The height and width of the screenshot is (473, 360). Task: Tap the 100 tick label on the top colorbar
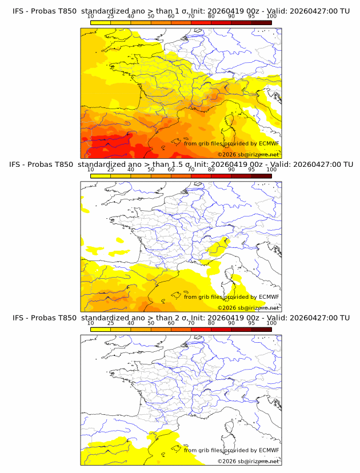[271, 17]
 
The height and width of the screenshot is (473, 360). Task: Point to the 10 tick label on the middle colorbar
[91, 170]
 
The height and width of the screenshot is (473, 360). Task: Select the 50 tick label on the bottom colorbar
[151, 323]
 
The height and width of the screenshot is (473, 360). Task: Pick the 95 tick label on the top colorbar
[251, 17]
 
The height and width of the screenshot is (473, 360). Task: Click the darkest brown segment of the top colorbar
[261, 22]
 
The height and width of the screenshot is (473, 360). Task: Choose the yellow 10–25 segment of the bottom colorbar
[101, 330]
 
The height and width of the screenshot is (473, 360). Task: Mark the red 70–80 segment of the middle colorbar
[201, 176]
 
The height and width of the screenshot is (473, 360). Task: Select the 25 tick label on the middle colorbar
[111, 170]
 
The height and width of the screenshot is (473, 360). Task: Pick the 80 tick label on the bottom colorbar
[211, 323]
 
